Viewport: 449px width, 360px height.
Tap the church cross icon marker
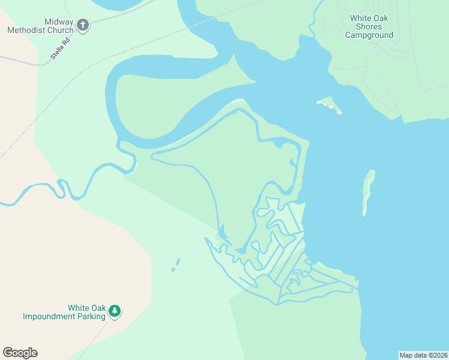pyautogui.click(x=83, y=26)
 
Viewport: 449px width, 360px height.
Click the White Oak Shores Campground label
pyautogui.click(x=369, y=26)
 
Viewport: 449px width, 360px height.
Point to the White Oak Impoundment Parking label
pyautogui.click(x=64, y=312)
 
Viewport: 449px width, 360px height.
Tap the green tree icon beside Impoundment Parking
pyautogui.click(x=115, y=311)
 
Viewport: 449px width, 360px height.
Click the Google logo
pyautogui.click(x=20, y=353)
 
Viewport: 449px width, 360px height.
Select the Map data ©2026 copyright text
pyautogui.click(x=423, y=355)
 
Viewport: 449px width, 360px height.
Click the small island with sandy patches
pyautogui.click(x=329, y=105)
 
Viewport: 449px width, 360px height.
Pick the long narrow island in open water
pyautogui.click(x=368, y=192)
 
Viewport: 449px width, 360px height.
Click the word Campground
pyautogui.click(x=369, y=35)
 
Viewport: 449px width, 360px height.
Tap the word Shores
pyautogui.click(x=369, y=26)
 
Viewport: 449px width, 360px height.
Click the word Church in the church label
pyautogui.click(x=61, y=30)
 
